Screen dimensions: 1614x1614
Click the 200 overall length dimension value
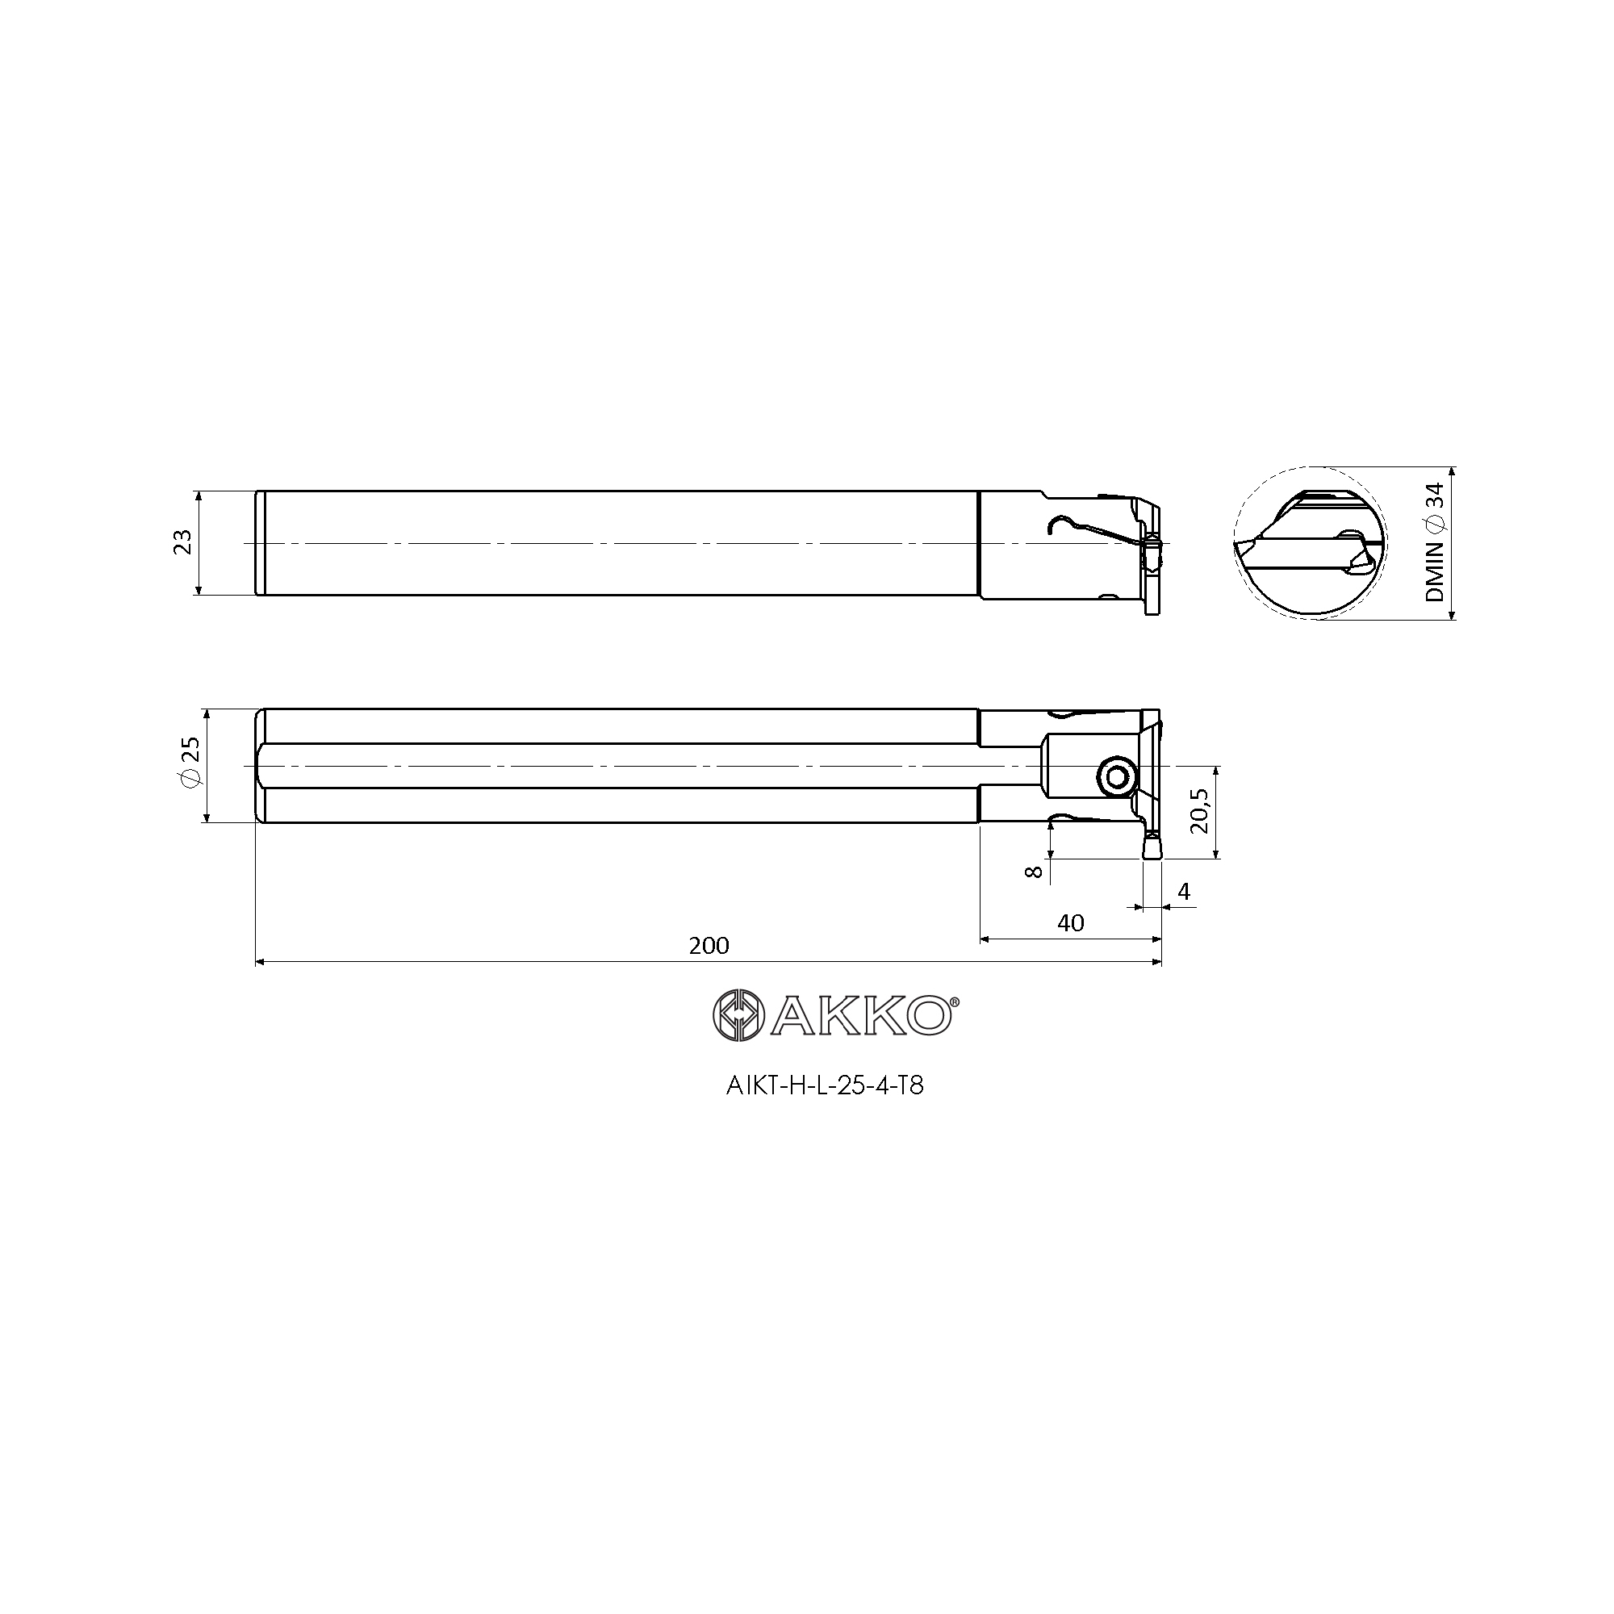[x=709, y=945]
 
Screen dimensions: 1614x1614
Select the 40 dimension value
[x=1070, y=922]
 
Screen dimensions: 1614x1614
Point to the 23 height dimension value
[x=183, y=542]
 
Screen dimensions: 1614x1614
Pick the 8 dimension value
[x=1034, y=872]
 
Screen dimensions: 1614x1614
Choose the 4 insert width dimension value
[x=1183, y=892]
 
